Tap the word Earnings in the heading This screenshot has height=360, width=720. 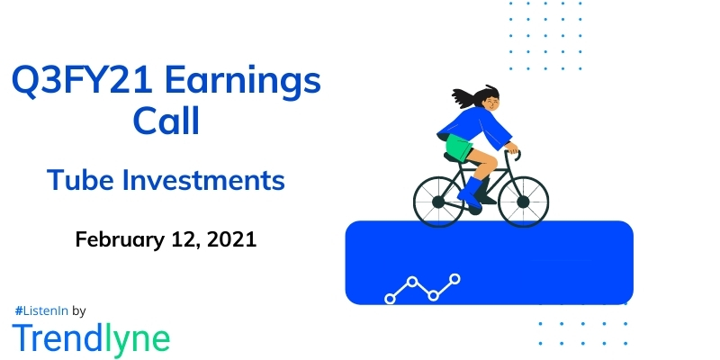click(x=246, y=84)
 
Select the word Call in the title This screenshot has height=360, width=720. click(x=166, y=121)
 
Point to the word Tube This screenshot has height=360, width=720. click(x=82, y=181)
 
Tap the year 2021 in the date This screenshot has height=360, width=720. click(x=229, y=239)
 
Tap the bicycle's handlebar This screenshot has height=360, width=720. click(x=513, y=150)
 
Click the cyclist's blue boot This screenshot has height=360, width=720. click(x=469, y=191)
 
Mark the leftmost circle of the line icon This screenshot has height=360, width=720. click(x=391, y=297)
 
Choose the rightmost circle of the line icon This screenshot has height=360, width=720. click(x=455, y=279)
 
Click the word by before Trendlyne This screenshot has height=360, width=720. click(x=78, y=310)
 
